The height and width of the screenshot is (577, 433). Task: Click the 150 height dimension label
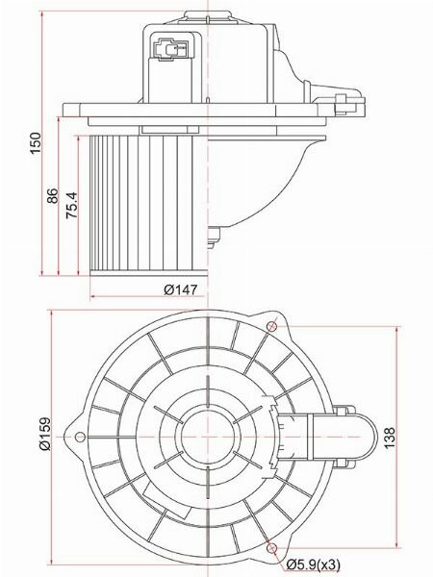(36, 142)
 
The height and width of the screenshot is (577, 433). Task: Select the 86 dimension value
(53, 196)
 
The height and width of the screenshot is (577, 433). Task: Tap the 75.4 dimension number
(72, 205)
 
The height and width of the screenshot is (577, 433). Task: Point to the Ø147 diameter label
(181, 290)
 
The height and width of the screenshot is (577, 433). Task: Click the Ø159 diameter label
(45, 434)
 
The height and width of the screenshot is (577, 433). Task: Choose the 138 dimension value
(390, 438)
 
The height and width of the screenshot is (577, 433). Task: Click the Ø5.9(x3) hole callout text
(314, 564)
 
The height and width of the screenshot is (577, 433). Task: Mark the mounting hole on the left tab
(80, 437)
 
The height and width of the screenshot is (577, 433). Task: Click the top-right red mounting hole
(271, 326)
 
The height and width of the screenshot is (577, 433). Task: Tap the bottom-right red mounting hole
(271, 548)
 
